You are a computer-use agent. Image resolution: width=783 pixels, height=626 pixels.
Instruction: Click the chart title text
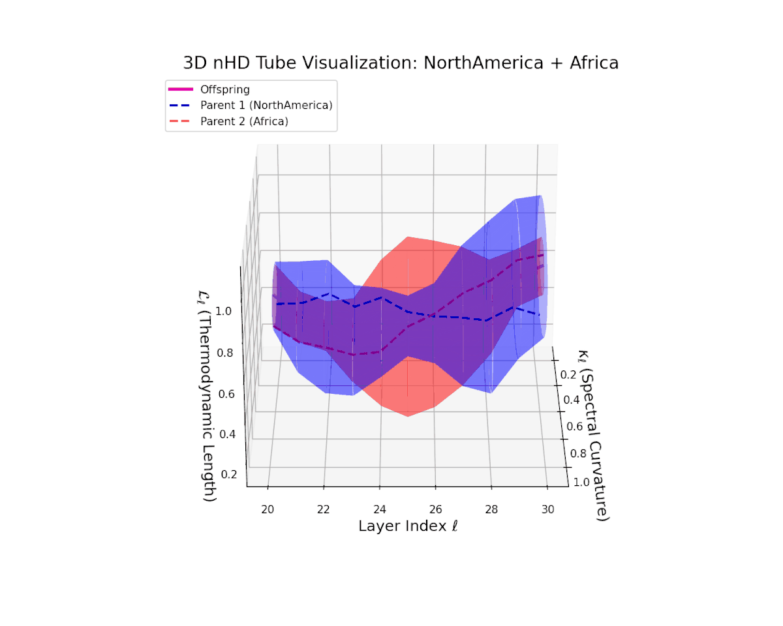(x=401, y=63)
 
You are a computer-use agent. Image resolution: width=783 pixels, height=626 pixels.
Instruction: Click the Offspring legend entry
(x=224, y=89)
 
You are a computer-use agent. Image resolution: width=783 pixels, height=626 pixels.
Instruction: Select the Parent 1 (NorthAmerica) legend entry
(x=266, y=105)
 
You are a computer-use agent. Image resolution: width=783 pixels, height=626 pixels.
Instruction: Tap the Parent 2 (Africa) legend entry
(x=244, y=121)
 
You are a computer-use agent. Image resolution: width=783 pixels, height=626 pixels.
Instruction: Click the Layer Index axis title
(x=408, y=526)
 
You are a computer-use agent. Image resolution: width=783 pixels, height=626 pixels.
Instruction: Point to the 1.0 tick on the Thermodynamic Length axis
(x=223, y=311)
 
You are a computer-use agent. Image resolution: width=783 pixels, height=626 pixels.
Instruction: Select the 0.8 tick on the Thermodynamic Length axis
(x=224, y=353)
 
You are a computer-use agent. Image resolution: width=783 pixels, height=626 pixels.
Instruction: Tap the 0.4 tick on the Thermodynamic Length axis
(x=227, y=434)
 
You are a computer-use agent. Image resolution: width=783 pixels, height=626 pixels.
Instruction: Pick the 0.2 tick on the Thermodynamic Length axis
(x=228, y=474)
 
